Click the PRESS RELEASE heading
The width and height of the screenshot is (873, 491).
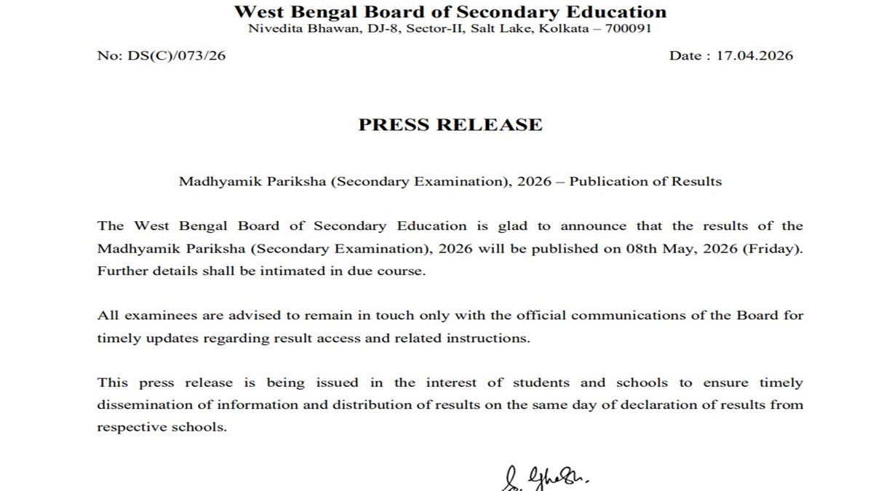tap(450, 124)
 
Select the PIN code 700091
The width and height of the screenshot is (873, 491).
tap(628, 29)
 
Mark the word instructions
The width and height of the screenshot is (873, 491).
tap(487, 338)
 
